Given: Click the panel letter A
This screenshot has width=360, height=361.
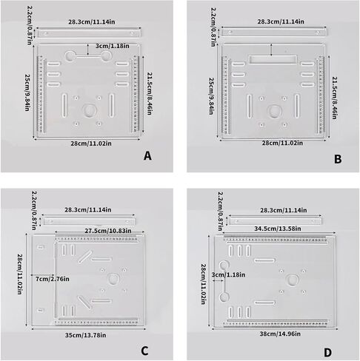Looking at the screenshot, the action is coord(147,156).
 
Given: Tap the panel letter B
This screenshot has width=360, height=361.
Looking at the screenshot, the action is coord(338,159).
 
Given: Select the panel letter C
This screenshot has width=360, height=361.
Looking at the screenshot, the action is coord(144,351).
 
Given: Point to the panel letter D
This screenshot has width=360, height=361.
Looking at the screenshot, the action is coord(327,353).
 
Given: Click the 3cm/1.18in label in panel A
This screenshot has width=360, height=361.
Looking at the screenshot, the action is coord(113,46).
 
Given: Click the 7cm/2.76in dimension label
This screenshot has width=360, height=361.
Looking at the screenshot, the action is coord(53,279).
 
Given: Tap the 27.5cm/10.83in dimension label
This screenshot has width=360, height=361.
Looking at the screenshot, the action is coord(108,231).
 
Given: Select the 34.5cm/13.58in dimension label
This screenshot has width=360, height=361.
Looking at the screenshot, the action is coord(278,229).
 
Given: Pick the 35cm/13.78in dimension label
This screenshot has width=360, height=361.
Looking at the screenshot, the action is coord(86,335).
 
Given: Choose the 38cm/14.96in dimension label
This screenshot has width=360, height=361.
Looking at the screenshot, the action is coord(280,334).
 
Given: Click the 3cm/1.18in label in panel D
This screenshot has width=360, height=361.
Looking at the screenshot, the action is coord(228,274).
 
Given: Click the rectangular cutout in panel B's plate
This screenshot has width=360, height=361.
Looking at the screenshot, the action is coord(273,60).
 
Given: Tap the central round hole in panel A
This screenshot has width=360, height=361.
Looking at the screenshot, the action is coord(89,111).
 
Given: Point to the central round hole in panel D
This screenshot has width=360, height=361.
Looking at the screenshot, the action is coord(293,280).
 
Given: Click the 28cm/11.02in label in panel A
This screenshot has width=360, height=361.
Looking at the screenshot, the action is coord(91,144).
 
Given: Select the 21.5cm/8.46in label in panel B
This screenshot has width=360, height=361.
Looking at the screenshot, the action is coord(334,98).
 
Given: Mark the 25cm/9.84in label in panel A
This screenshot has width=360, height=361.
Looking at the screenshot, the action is coord(27,92).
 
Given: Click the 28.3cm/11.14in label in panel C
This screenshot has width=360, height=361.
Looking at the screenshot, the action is coord(88,210).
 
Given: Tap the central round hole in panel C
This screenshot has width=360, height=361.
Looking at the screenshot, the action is coord(114,279).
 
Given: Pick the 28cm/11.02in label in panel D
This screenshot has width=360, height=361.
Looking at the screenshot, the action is coord(204,284).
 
